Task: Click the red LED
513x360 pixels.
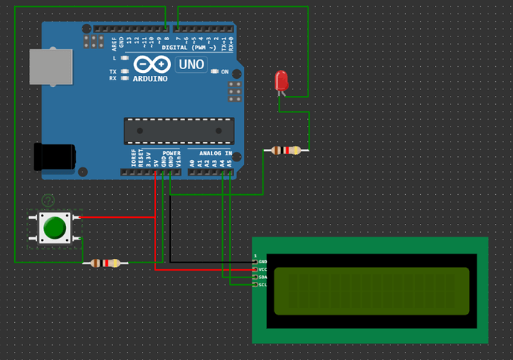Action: [281, 80]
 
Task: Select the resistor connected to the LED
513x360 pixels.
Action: [286, 150]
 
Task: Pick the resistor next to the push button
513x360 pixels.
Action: [105, 263]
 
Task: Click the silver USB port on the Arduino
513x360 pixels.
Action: [51, 67]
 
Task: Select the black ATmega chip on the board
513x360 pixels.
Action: [178, 130]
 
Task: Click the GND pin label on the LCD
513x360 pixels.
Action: [262, 262]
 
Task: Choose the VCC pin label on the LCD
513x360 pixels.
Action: [262, 269]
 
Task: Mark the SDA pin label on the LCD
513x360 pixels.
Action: [262, 277]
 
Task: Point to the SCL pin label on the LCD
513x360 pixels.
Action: [262, 284]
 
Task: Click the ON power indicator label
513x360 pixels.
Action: [225, 71]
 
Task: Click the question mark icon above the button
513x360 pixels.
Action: [48, 200]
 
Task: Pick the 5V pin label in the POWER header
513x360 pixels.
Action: [155, 160]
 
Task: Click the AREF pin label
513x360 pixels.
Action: [114, 42]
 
